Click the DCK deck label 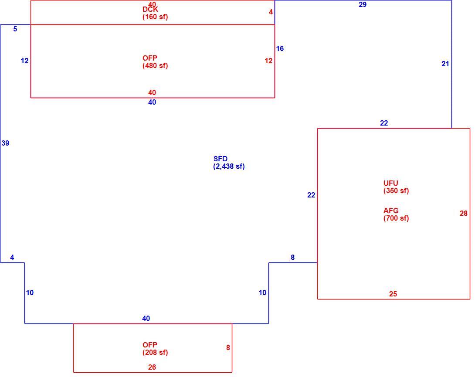pyautogui.click(x=150, y=10)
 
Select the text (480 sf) pyautogui.click(x=155, y=65)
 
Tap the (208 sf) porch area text pyautogui.click(x=155, y=352)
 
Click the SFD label pyautogui.click(x=221, y=159)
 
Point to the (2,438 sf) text pyautogui.click(x=229, y=167)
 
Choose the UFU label pyautogui.click(x=391, y=183)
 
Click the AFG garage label pyautogui.click(x=391, y=211)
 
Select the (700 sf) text pyautogui.click(x=396, y=218)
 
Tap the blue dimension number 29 pyautogui.click(x=363, y=4)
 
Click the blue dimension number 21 pyautogui.click(x=445, y=64)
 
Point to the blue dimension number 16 pyautogui.click(x=280, y=48)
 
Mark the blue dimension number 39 pyautogui.click(x=6, y=143)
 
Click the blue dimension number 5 pyautogui.click(x=15, y=29)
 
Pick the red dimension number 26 pyautogui.click(x=152, y=367)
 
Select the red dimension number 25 pyautogui.click(x=393, y=294)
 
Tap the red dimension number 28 pyautogui.click(x=464, y=213)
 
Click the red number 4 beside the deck pyautogui.click(x=271, y=12)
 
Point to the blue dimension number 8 pyautogui.click(x=293, y=257)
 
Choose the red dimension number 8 pyautogui.click(x=228, y=348)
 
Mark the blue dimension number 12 pyautogui.click(x=24, y=61)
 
